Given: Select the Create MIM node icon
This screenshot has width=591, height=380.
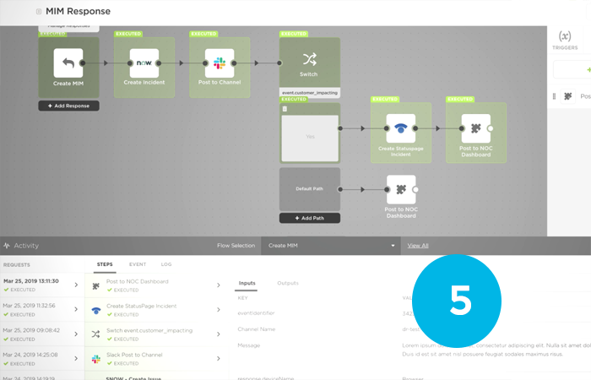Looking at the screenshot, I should [x=68, y=62].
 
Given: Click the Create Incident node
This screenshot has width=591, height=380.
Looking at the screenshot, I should [x=144, y=63].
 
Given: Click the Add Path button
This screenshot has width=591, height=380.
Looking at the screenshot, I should [x=309, y=218].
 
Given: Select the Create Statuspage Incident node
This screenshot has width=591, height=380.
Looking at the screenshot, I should [x=400, y=128].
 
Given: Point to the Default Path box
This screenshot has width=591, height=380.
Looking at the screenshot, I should [x=309, y=189].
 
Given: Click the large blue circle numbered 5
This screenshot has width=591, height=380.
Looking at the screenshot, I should [x=460, y=300].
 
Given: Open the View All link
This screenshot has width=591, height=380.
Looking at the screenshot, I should [x=418, y=246].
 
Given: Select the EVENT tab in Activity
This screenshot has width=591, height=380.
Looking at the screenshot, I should [x=137, y=264].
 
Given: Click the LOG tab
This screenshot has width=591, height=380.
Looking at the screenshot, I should [x=166, y=264].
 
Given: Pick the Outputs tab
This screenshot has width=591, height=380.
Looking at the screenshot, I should [x=288, y=283].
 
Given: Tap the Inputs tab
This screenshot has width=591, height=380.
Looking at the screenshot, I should [x=247, y=283].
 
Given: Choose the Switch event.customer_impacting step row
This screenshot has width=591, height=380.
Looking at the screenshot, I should [x=156, y=334].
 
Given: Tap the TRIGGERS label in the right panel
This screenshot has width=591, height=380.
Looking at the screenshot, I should [x=565, y=48].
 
